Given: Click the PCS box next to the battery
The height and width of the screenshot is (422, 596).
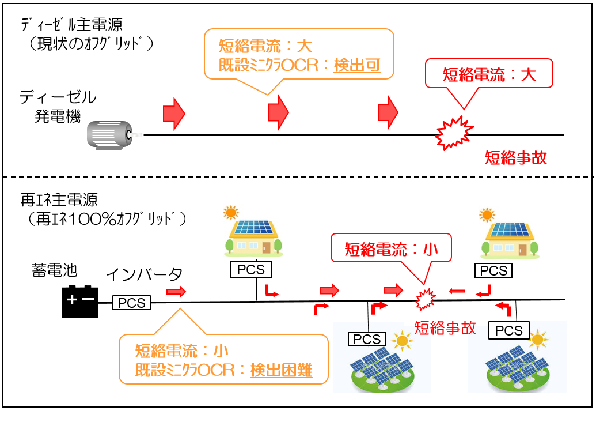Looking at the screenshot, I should (132, 303).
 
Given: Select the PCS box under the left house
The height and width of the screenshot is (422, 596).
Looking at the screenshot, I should (250, 269).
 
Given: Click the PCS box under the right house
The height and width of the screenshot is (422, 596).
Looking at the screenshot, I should (494, 270).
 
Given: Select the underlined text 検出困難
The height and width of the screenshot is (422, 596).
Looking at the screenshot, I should (282, 370).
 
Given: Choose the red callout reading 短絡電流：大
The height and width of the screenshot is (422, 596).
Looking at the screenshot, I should (488, 74).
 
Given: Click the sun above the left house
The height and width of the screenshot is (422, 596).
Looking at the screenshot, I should (231, 213).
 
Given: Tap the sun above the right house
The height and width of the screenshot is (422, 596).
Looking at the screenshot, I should (487, 215).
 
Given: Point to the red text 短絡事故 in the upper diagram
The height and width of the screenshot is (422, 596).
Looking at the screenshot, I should (515, 157).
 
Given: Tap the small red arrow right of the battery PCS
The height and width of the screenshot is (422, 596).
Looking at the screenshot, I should (177, 292).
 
